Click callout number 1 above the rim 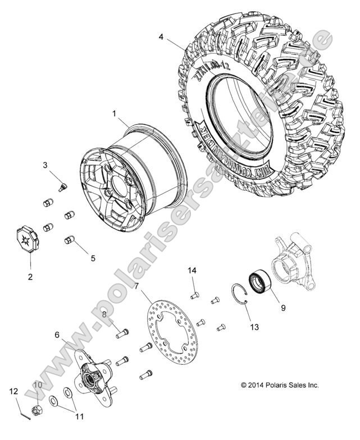tap(114, 113)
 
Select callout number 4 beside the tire tap(162, 37)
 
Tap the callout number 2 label tap(30, 276)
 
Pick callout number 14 tap(192, 271)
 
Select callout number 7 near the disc tap(136, 287)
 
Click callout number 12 tap(14, 391)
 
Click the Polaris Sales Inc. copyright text tap(280, 385)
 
